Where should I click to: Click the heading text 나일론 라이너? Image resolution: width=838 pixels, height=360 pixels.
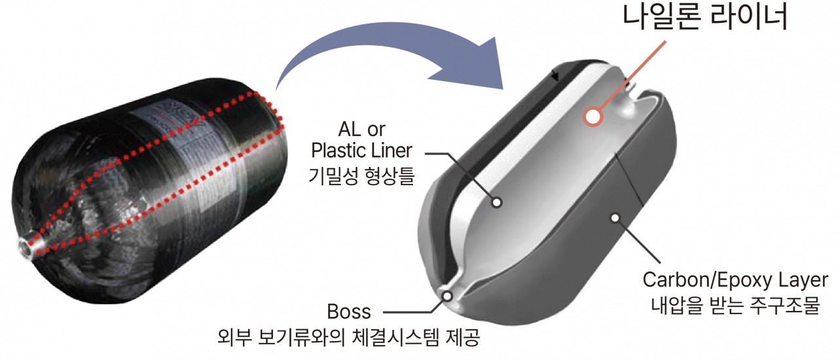point(705,18)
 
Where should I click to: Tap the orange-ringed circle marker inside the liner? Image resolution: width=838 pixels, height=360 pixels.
point(593,117)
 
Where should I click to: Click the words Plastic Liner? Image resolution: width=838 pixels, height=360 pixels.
point(361,151)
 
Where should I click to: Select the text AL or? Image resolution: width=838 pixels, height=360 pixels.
point(361,130)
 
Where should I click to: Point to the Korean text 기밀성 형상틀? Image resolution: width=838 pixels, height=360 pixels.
point(361,176)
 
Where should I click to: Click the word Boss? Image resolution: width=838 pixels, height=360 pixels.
point(349,312)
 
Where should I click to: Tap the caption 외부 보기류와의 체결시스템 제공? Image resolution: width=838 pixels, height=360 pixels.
point(349,338)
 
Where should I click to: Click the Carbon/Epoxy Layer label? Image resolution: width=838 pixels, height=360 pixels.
point(735,280)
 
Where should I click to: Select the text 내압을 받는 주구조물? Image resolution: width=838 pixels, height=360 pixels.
point(735,306)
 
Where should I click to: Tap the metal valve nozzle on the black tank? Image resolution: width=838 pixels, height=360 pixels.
point(31,245)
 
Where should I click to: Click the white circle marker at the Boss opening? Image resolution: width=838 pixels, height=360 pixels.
point(447,297)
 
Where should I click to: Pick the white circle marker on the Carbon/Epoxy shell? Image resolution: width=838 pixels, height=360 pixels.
point(615,217)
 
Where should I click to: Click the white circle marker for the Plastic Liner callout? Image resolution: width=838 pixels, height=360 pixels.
point(496,202)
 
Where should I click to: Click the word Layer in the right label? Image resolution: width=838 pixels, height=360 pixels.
point(803,280)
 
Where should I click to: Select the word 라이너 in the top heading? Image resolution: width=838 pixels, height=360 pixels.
point(748,18)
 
